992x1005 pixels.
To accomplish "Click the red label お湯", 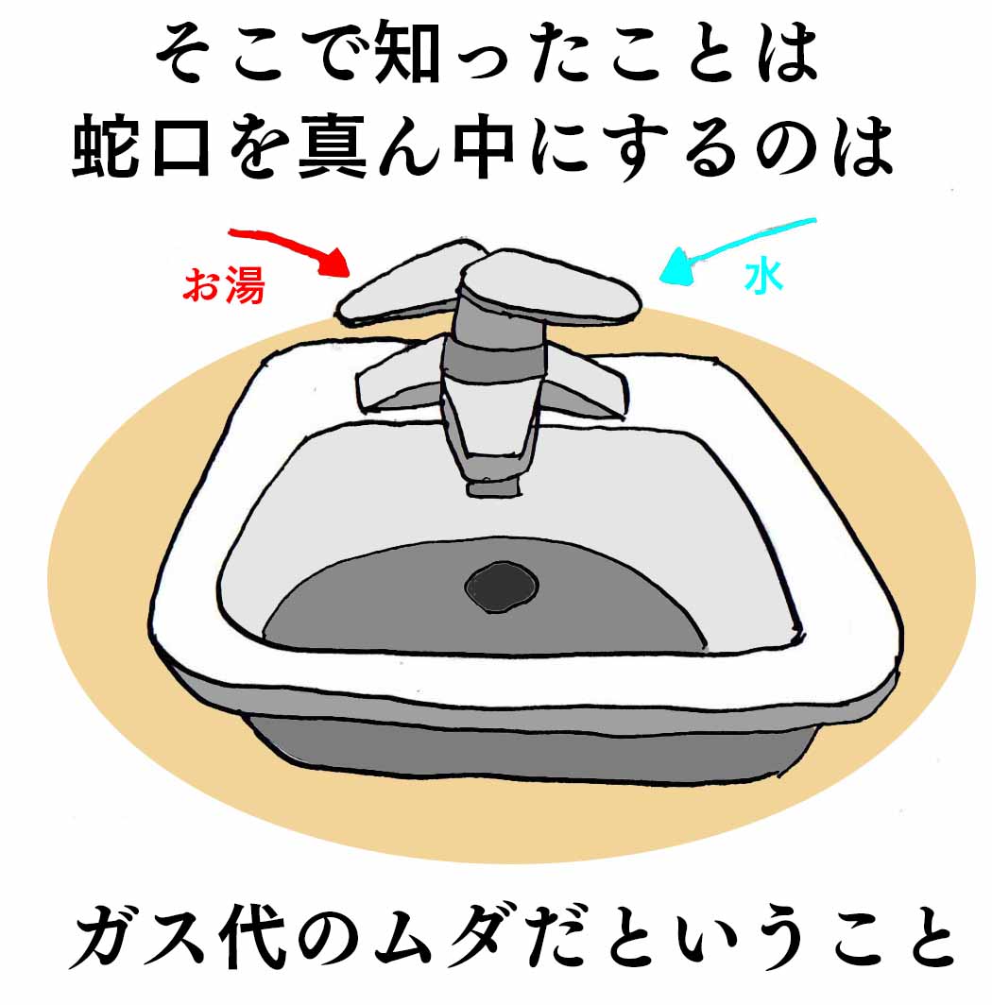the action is click(x=224, y=284).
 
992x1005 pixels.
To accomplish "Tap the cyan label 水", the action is click(x=763, y=276).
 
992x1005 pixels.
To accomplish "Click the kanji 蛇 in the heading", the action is click(x=106, y=146).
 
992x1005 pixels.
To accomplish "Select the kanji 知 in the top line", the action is click(x=408, y=51).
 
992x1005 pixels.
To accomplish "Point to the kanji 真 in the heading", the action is click(x=333, y=146).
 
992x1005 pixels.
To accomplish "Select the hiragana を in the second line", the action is click(x=258, y=147).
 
